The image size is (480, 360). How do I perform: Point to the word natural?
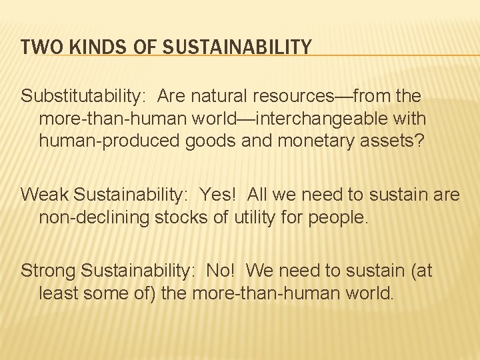coord(213,96)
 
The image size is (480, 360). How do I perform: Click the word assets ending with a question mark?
coord(377,141)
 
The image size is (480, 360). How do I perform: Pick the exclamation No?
coord(221,271)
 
